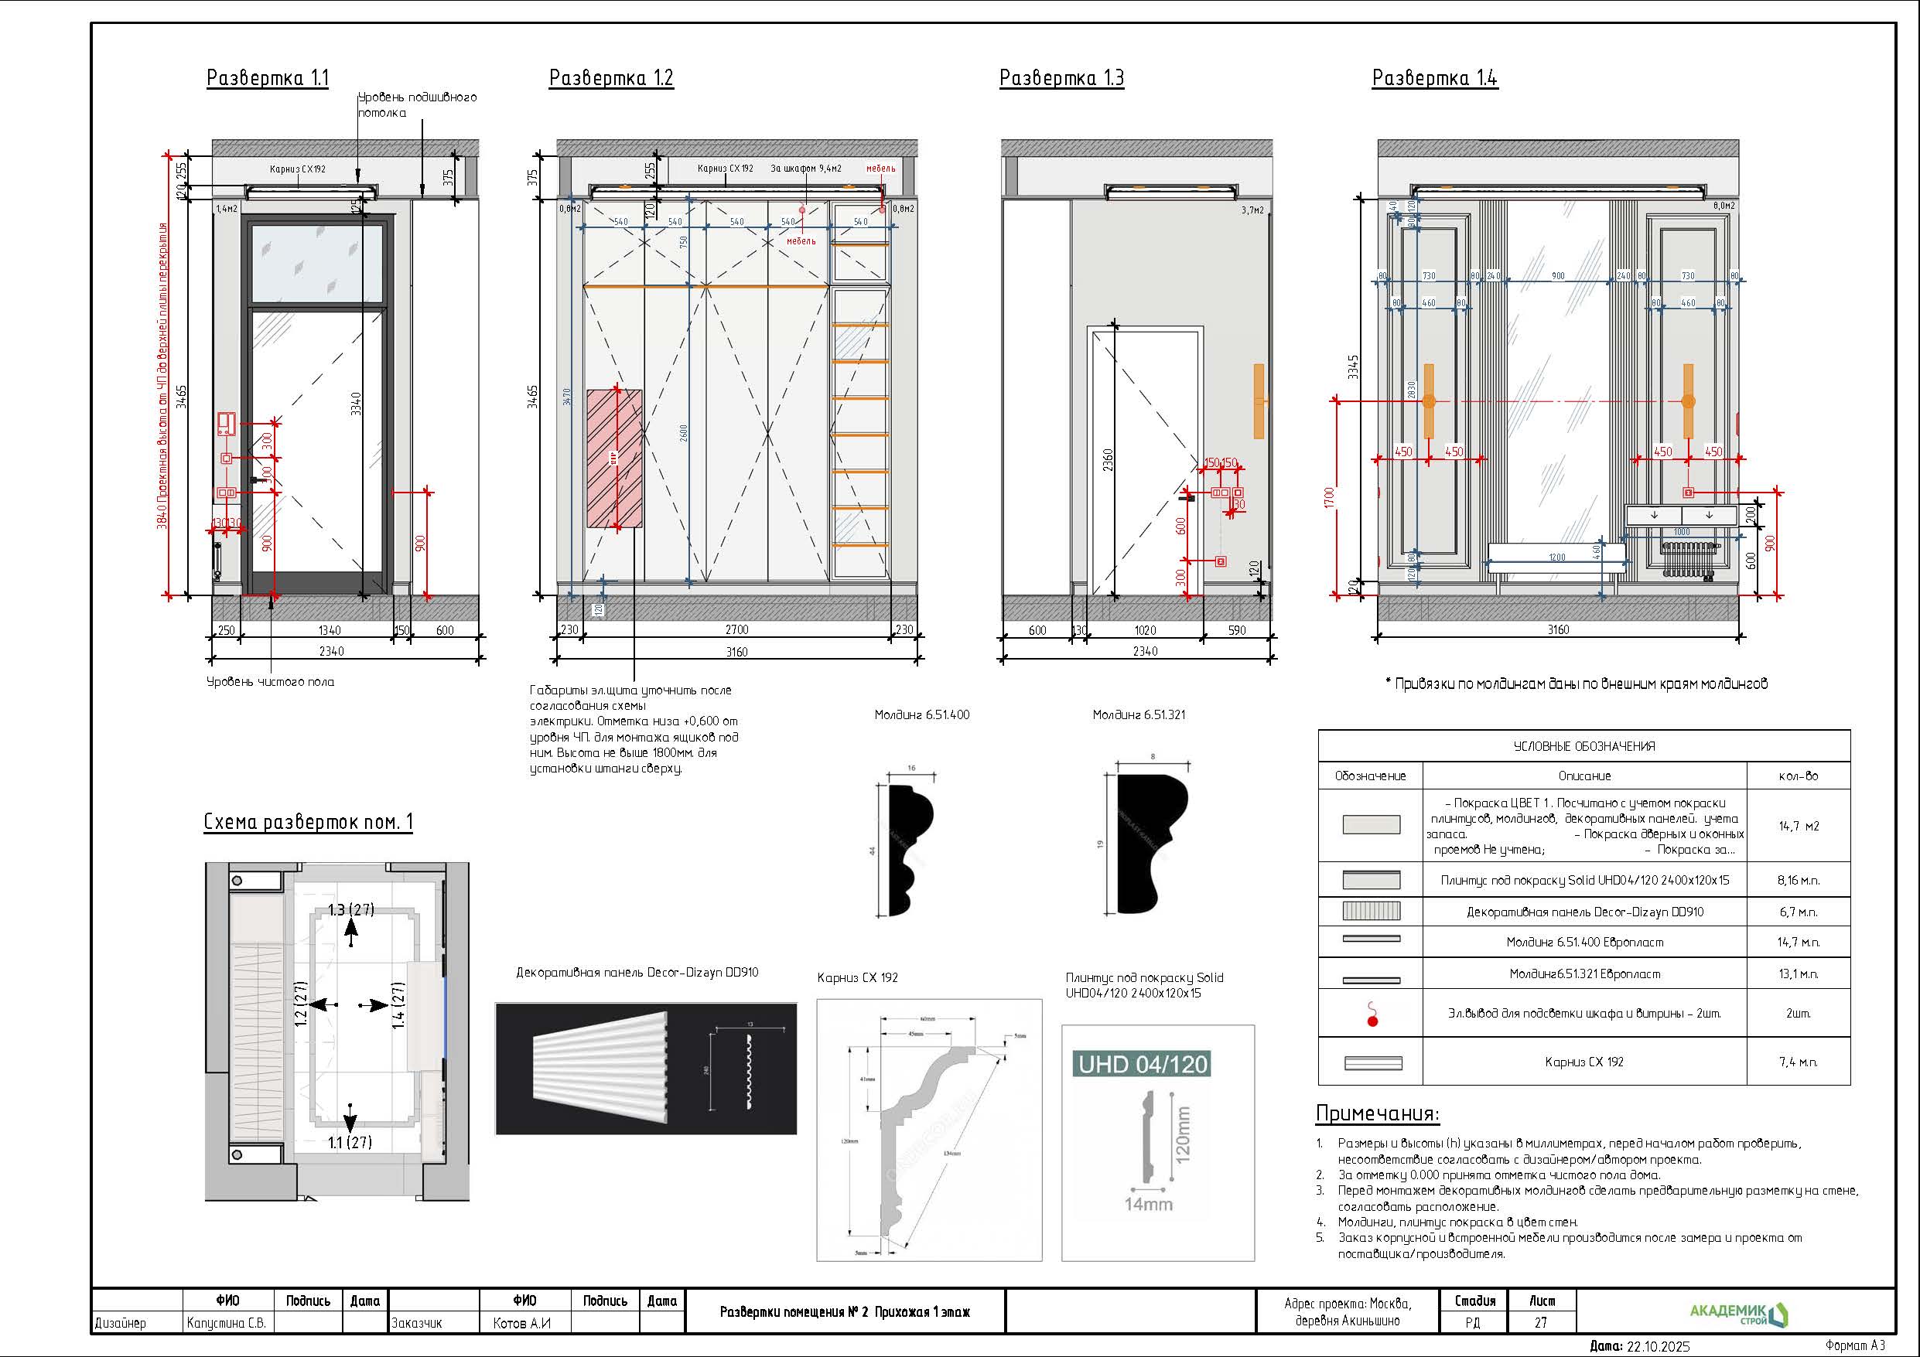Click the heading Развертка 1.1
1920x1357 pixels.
[x=268, y=79]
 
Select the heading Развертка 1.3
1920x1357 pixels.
[x=1061, y=79]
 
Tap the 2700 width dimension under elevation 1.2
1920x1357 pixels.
[x=736, y=629]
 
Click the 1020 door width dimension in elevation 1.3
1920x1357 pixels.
[x=1145, y=630]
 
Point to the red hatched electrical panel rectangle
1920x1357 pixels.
[x=615, y=459]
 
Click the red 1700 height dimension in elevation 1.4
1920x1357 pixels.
[x=1330, y=498]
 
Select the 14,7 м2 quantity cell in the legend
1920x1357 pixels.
[x=1798, y=826]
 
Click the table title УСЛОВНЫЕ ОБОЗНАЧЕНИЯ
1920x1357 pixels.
[x=1583, y=747]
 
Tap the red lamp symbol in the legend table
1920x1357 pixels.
[x=1372, y=1014]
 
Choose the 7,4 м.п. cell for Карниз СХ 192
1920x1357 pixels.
[x=1798, y=1062]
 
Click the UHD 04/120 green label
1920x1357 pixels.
[x=1143, y=1065]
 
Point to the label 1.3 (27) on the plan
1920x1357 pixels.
[x=350, y=909]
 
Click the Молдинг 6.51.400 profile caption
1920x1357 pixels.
[x=921, y=715]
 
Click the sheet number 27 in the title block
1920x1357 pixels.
[x=1540, y=1323]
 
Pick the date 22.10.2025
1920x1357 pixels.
[x=1658, y=1346]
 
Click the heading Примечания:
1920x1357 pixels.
[x=1377, y=1113]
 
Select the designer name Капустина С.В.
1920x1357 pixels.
[x=227, y=1323]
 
